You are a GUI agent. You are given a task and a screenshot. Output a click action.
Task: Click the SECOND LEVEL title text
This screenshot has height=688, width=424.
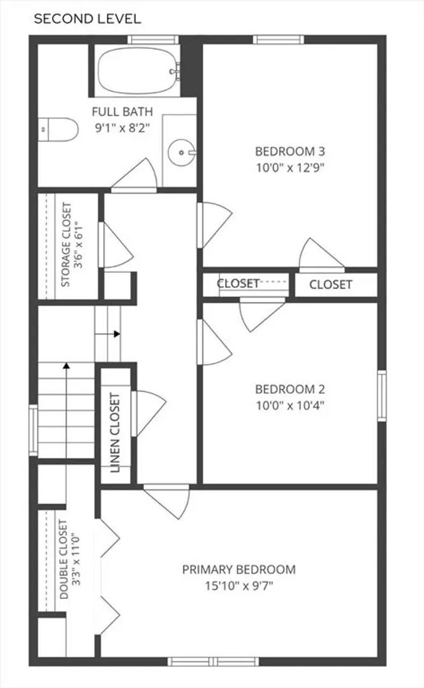point(87,19)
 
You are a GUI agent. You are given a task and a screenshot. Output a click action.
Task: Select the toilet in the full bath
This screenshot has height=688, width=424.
point(57,129)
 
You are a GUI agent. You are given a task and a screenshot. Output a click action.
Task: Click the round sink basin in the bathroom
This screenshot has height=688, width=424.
point(182,153)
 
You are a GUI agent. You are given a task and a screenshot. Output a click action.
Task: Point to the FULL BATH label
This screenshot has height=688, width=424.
point(122,112)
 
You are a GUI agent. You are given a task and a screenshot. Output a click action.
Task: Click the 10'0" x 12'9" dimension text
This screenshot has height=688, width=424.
point(290,168)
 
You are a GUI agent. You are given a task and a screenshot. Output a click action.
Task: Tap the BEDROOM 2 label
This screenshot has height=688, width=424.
point(290,389)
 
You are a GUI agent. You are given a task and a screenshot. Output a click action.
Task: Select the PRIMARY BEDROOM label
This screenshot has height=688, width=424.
point(239,570)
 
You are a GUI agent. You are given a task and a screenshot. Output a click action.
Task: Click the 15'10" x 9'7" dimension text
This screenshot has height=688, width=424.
point(239,586)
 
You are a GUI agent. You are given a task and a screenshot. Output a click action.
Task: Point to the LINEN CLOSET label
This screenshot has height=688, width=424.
point(115,433)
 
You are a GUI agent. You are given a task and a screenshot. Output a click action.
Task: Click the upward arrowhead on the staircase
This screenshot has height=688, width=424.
point(66,365)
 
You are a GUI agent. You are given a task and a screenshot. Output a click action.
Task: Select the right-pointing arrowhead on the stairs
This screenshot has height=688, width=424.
point(117,334)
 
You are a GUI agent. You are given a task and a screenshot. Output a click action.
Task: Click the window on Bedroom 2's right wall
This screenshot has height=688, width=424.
point(382,396)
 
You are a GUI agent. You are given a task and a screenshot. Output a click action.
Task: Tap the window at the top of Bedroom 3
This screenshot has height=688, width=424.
point(279,39)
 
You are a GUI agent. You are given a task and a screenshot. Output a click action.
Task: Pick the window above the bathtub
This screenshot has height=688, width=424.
point(154,39)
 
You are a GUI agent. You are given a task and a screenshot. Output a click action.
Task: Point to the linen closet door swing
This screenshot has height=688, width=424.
point(149,413)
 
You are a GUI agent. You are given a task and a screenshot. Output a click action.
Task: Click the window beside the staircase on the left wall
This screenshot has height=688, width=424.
point(33,431)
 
